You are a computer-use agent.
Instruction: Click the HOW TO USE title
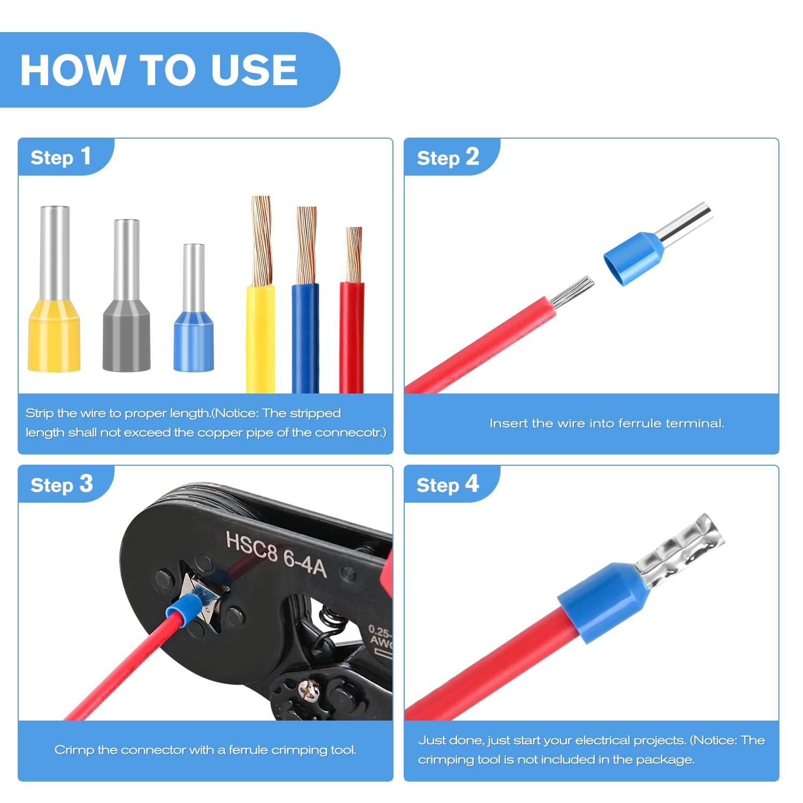point(159,70)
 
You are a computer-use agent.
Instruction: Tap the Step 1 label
point(60,157)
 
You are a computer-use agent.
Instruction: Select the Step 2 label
point(448,157)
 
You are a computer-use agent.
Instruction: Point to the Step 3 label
point(62,484)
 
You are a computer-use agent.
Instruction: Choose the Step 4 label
point(448,484)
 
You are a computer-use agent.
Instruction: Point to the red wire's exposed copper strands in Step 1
point(354,254)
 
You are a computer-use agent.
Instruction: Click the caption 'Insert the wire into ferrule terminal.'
point(607,423)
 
